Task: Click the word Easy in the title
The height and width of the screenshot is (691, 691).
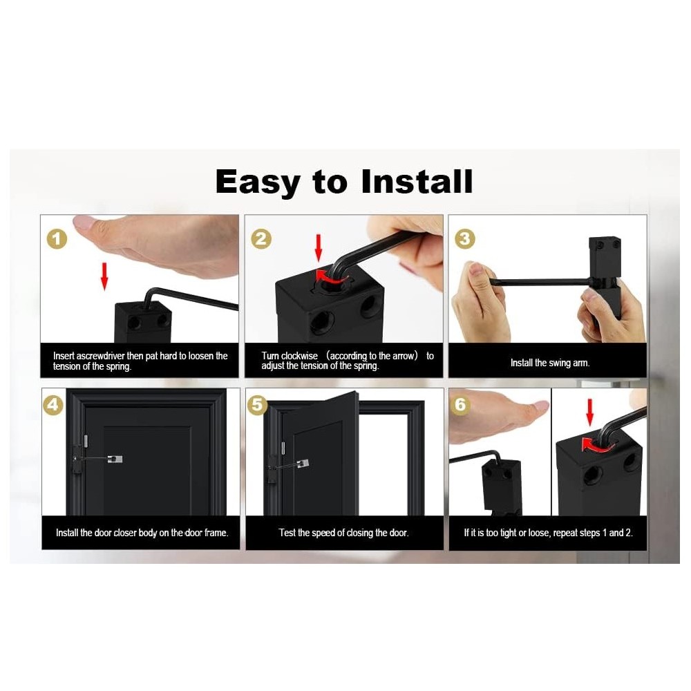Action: [x=258, y=182]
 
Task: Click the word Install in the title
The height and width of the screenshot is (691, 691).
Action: [x=417, y=181]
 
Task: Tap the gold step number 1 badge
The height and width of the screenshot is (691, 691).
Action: [x=57, y=239]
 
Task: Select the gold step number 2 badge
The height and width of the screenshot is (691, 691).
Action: [x=261, y=239]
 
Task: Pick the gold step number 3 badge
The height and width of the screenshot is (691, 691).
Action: [x=464, y=239]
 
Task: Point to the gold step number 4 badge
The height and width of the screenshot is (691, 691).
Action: [x=53, y=404]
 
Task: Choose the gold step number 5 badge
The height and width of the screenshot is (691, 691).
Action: [x=257, y=404]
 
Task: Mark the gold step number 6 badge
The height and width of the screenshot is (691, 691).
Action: [x=460, y=404]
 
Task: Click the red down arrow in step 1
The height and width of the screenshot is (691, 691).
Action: [x=104, y=276]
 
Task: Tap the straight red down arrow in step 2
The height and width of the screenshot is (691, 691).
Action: [x=318, y=248]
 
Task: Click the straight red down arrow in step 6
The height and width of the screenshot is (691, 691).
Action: [x=589, y=412]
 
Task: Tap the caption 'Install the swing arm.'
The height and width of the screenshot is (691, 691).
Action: [x=549, y=363]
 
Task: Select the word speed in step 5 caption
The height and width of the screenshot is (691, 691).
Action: [x=322, y=533]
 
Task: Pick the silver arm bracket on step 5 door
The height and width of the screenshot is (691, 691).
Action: [x=303, y=464]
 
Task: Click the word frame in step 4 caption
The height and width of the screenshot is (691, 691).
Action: [x=216, y=533]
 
